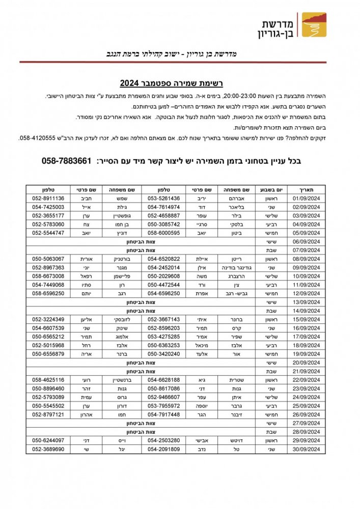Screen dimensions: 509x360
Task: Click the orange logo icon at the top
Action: coord(314,25)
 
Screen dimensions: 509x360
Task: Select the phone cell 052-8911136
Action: coord(48,198)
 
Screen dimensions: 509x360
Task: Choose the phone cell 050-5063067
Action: coord(48,259)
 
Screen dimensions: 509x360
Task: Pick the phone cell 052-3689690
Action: coord(48,449)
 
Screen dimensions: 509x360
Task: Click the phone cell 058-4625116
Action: coord(48,380)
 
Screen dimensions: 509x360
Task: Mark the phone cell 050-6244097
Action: coord(48,440)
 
